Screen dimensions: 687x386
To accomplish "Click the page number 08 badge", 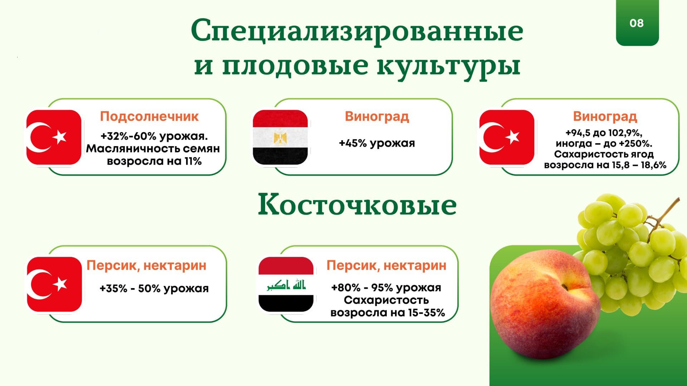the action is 637,23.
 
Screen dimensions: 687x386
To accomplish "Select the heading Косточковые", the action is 357,204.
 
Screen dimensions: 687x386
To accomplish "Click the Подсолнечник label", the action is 149,117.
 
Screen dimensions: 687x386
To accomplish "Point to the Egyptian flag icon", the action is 280,138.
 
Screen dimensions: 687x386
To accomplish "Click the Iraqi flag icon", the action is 286,284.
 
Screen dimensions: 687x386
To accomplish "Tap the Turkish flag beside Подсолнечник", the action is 54,138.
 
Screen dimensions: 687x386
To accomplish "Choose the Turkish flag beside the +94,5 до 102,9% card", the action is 507,138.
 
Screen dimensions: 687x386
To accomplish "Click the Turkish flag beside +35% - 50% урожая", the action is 54,284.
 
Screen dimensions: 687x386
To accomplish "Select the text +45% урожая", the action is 377,143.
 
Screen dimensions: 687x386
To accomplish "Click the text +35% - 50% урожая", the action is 154,288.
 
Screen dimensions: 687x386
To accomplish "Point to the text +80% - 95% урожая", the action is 386,288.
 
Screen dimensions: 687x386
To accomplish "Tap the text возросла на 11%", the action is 154,161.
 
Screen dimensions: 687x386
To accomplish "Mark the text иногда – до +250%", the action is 604,144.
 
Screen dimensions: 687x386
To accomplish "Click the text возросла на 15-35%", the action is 388,313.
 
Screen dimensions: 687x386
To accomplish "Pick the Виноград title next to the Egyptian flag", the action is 377,117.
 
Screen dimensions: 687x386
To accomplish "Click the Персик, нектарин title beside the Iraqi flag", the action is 386,266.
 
